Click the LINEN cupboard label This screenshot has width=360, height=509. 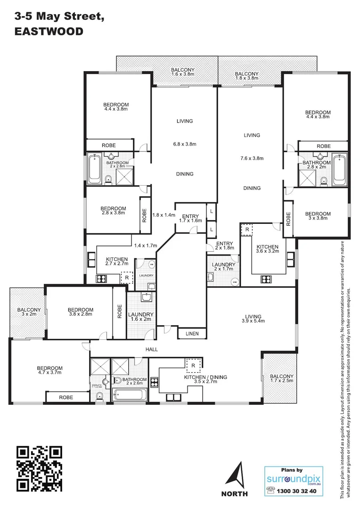coord(192,334)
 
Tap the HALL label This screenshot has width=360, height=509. coord(151,350)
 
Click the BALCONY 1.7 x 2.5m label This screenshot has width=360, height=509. coord(281,379)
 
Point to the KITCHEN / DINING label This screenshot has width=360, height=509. coord(205,380)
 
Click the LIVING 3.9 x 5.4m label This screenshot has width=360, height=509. coord(251,319)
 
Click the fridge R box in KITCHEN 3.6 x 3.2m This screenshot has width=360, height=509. coord(246,230)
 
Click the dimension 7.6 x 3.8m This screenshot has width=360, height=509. coord(252,158)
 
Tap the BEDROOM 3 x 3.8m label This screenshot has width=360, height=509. coord(318,216)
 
